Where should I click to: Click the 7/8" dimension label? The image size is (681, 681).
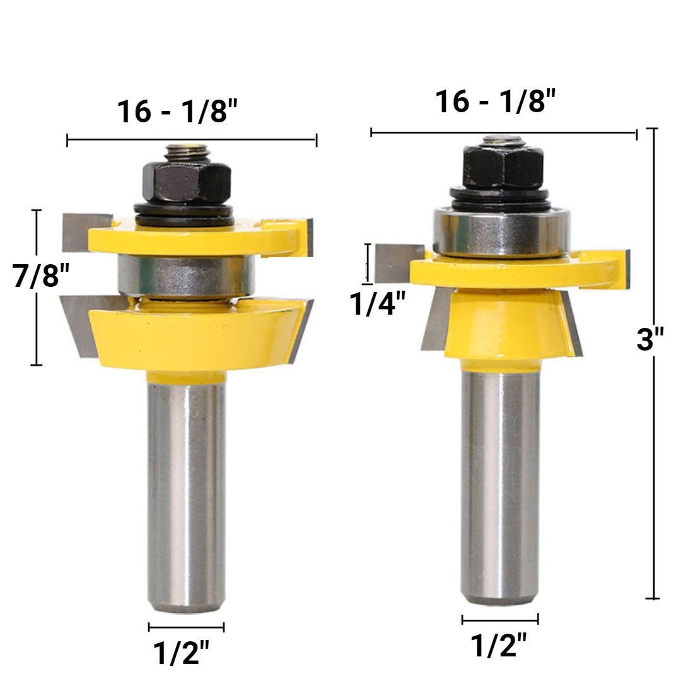[x=41, y=276]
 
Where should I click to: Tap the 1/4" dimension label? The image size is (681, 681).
[x=378, y=303]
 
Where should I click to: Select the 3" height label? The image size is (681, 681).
[x=650, y=339]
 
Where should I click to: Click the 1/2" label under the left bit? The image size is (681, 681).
[x=181, y=653]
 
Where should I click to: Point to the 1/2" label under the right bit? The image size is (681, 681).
[x=498, y=645]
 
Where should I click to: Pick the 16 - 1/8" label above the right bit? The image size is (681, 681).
[x=496, y=102]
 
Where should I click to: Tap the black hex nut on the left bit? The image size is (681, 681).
[x=186, y=182]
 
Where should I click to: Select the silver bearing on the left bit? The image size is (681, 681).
[x=186, y=276]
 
